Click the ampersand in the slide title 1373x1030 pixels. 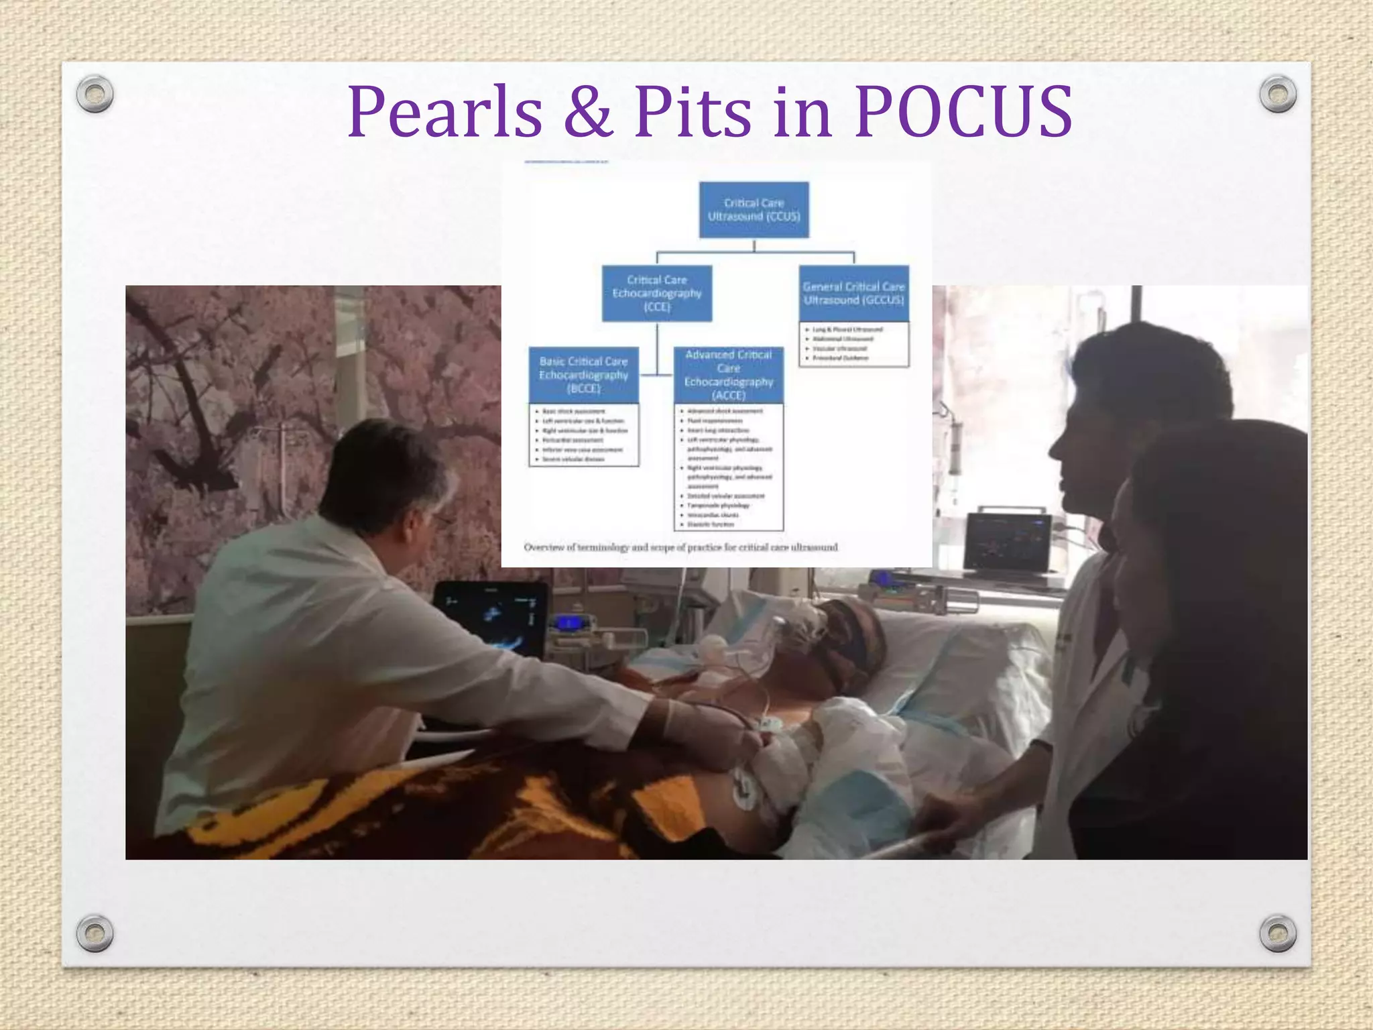pyautogui.click(x=588, y=113)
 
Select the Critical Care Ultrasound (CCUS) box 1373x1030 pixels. pyautogui.click(x=754, y=210)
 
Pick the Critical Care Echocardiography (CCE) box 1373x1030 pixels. pyautogui.click(x=656, y=294)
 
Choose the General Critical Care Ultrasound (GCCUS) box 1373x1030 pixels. pyautogui.click(x=853, y=294)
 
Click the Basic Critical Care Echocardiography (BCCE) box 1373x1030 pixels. pyautogui.click(x=583, y=375)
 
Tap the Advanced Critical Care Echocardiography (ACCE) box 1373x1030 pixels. pyautogui.click(x=728, y=375)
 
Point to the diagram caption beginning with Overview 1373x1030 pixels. pyautogui.click(x=680, y=547)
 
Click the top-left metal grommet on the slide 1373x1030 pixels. pyautogui.click(x=95, y=94)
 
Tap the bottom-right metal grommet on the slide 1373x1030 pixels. pyautogui.click(x=1278, y=933)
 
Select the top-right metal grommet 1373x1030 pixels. pyautogui.click(x=1278, y=94)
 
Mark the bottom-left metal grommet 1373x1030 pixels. pyautogui.click(x=95, y=933)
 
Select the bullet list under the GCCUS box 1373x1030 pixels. pyautogui.click(x=853, y=344)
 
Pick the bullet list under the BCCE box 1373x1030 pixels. pyautogui.click(x=583, y=435)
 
